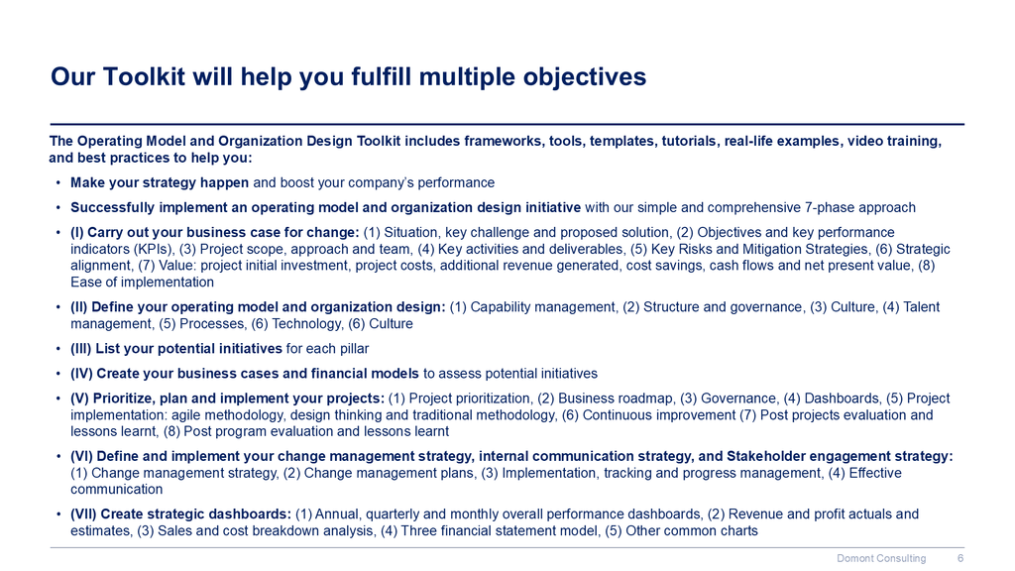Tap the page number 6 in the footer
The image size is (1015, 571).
(x=960, y=558)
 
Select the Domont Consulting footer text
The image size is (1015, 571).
(x=881, y=558)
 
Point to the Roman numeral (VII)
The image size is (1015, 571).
(x=83, y=514)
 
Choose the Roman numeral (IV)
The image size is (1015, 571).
(x=81, y=374)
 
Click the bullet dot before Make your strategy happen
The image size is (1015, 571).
(x=58, y=183)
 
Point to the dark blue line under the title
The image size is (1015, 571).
(x=507, y=124)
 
